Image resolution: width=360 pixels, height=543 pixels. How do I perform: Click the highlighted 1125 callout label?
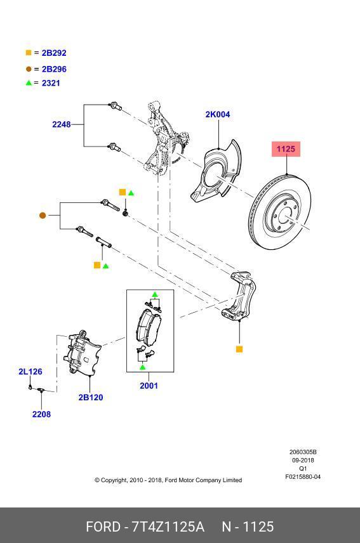tap(286, 149)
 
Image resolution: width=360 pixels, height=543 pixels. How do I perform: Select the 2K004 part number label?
tap(217, 115)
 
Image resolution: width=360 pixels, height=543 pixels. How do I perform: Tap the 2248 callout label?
tap(62, 124)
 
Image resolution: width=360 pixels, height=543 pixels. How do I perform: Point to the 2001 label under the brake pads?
tap(149, 386)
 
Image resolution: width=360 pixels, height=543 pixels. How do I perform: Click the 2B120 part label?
tap(91, 398)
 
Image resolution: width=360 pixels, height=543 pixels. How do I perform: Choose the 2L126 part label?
tap(30, 372)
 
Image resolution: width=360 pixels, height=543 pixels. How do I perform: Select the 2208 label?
tap(41, 414)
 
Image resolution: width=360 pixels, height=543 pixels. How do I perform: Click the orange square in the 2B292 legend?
tap(28, 53)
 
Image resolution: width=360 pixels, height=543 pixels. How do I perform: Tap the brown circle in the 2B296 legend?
tap(28, 69)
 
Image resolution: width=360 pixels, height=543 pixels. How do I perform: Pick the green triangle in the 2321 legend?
tap(28, 83)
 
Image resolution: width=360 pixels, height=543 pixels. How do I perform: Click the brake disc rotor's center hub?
tap(283, 219)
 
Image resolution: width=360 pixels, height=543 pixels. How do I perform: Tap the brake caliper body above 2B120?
tap(83, 355)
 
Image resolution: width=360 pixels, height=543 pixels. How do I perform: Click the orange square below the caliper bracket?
tap(239, 349)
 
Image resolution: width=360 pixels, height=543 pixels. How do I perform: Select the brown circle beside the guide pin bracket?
tap(43, 216)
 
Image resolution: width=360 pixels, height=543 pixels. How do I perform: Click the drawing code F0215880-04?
tap(303, 477)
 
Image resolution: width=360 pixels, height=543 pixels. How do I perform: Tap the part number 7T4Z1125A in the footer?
tap(168, 527)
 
